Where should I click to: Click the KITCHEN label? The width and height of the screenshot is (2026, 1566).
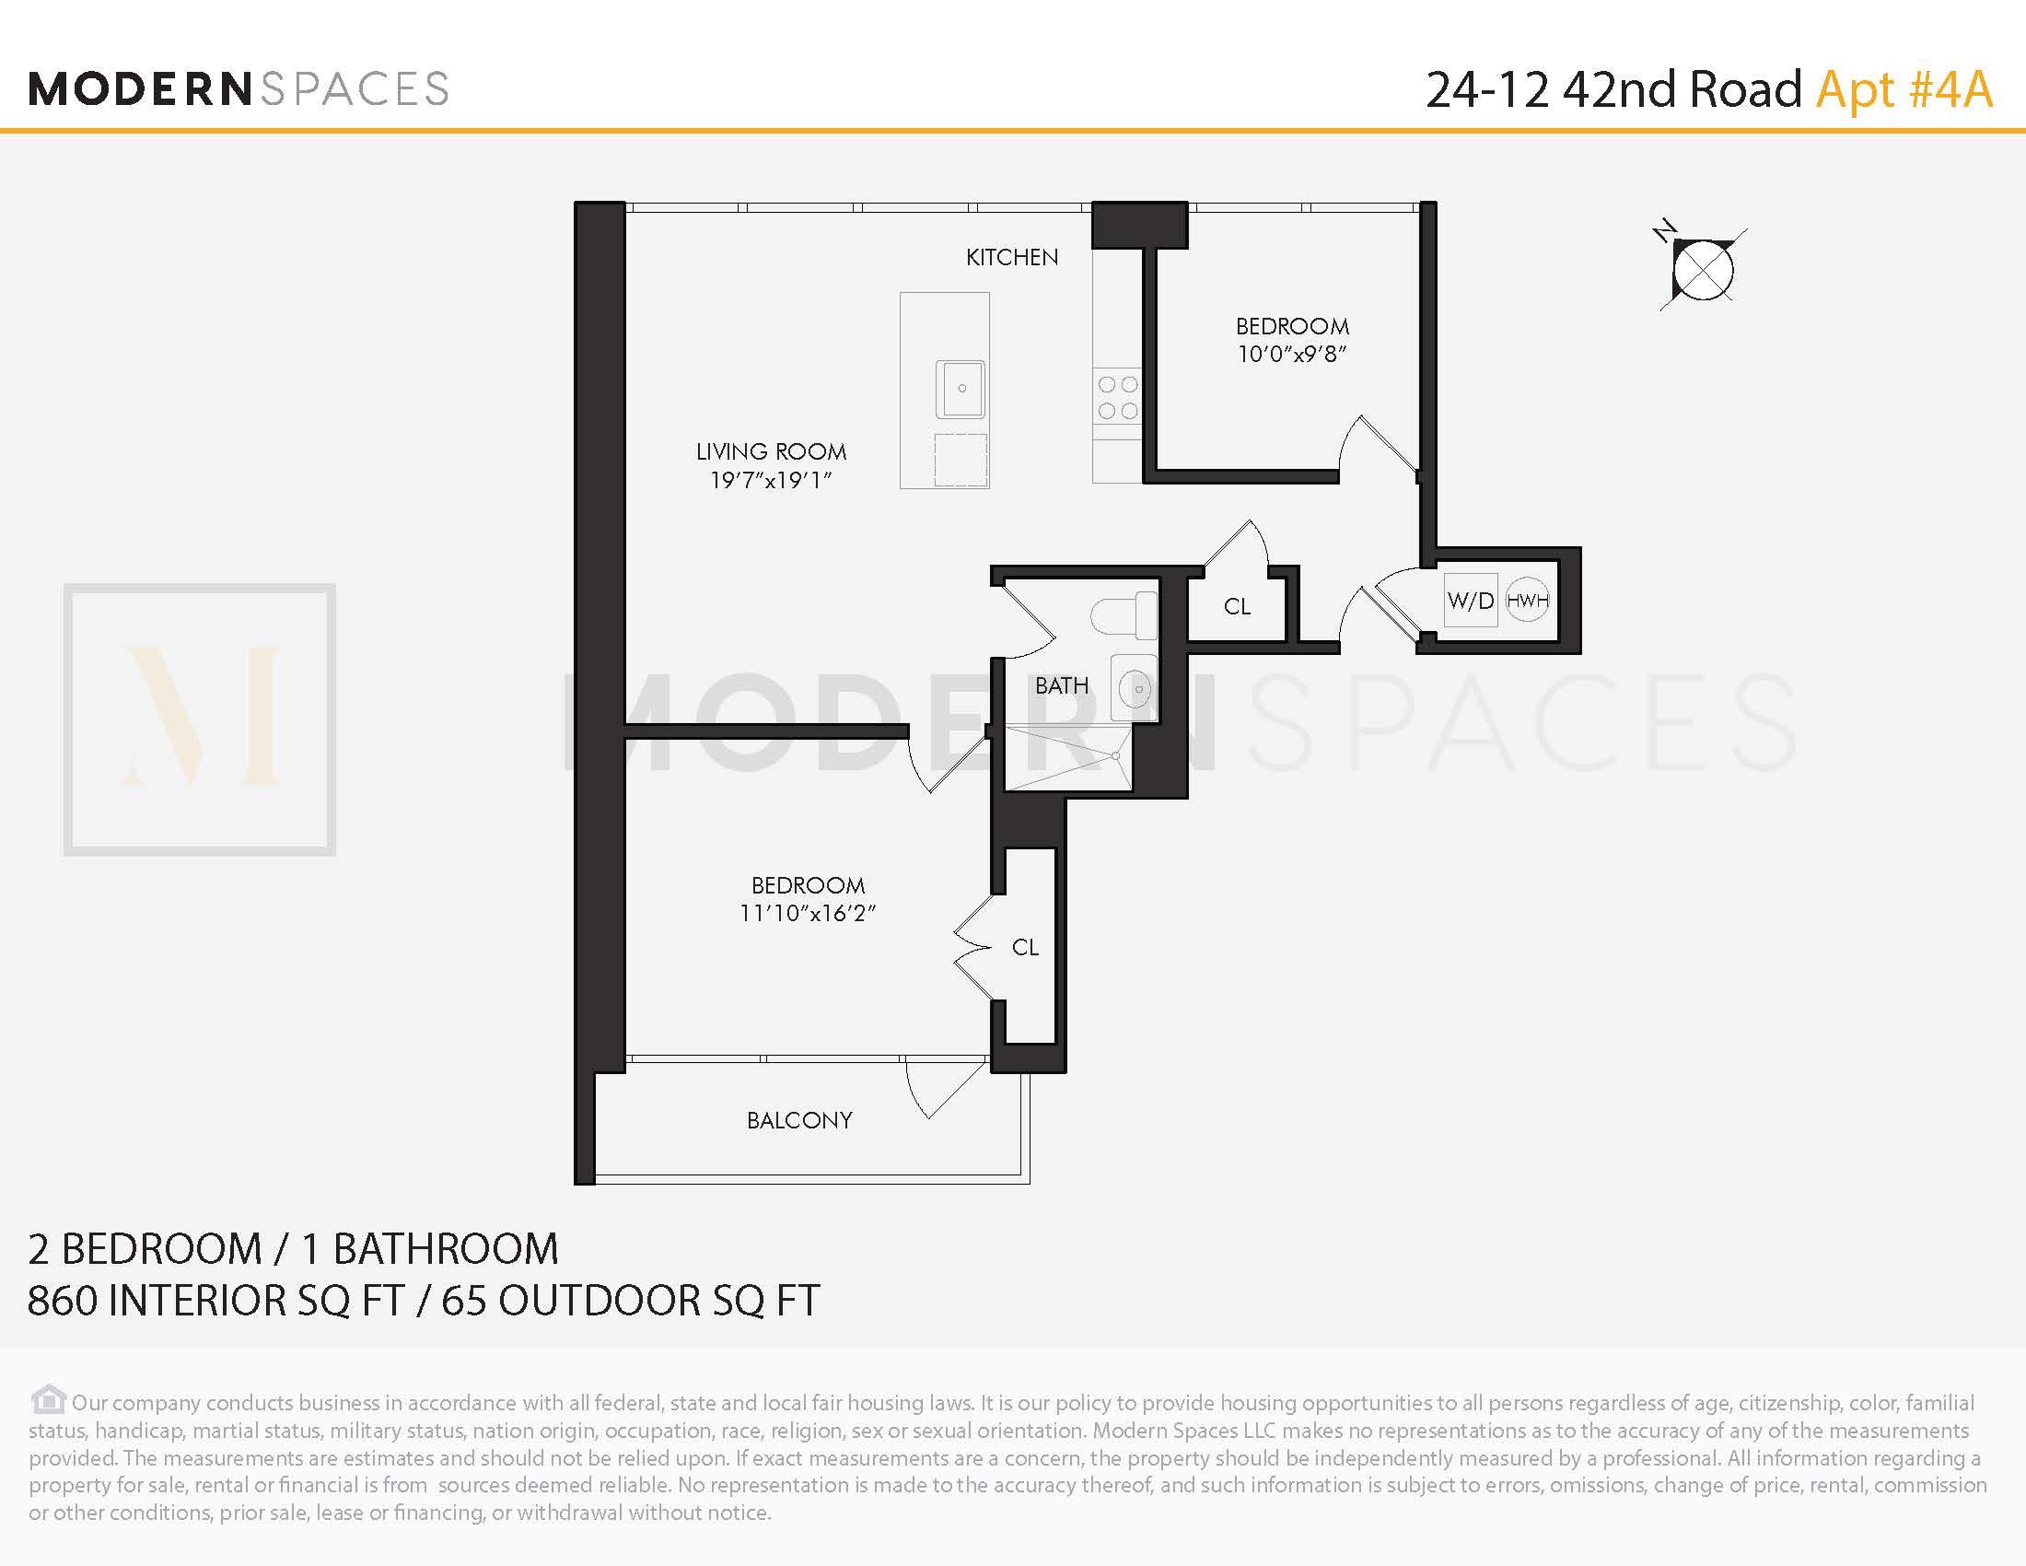click(1011, 257)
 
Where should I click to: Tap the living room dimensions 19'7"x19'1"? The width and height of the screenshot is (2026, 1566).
click(770, 481)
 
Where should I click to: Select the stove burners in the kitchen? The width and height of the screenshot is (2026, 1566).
click(1117, 397)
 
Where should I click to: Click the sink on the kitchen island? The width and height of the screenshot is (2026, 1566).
click(961, 389)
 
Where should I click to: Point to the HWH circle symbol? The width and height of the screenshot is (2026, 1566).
click(1527, 601)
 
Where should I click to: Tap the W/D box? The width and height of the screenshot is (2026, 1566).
click(1471, 602)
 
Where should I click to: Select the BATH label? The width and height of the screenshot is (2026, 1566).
click(1061, 685)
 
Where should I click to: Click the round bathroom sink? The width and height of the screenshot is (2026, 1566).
click(1135, 688)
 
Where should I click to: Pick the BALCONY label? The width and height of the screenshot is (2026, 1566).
click(798, 1120)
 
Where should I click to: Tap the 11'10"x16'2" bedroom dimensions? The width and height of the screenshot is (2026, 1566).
click(807, 914)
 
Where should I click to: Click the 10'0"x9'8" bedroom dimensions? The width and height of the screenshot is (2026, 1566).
click(1291, 355)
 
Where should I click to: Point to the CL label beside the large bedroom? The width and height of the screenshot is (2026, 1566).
click(1025, 947)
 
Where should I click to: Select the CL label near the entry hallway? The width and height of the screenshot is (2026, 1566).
click(1237, 607)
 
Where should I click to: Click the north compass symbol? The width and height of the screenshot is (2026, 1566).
click(1702, 269)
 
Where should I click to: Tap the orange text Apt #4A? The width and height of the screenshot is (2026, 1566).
click(1904, 90)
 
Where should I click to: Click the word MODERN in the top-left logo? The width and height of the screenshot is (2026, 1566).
click(139, 90)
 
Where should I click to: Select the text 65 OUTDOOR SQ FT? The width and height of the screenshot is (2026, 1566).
click(630, 1301)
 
